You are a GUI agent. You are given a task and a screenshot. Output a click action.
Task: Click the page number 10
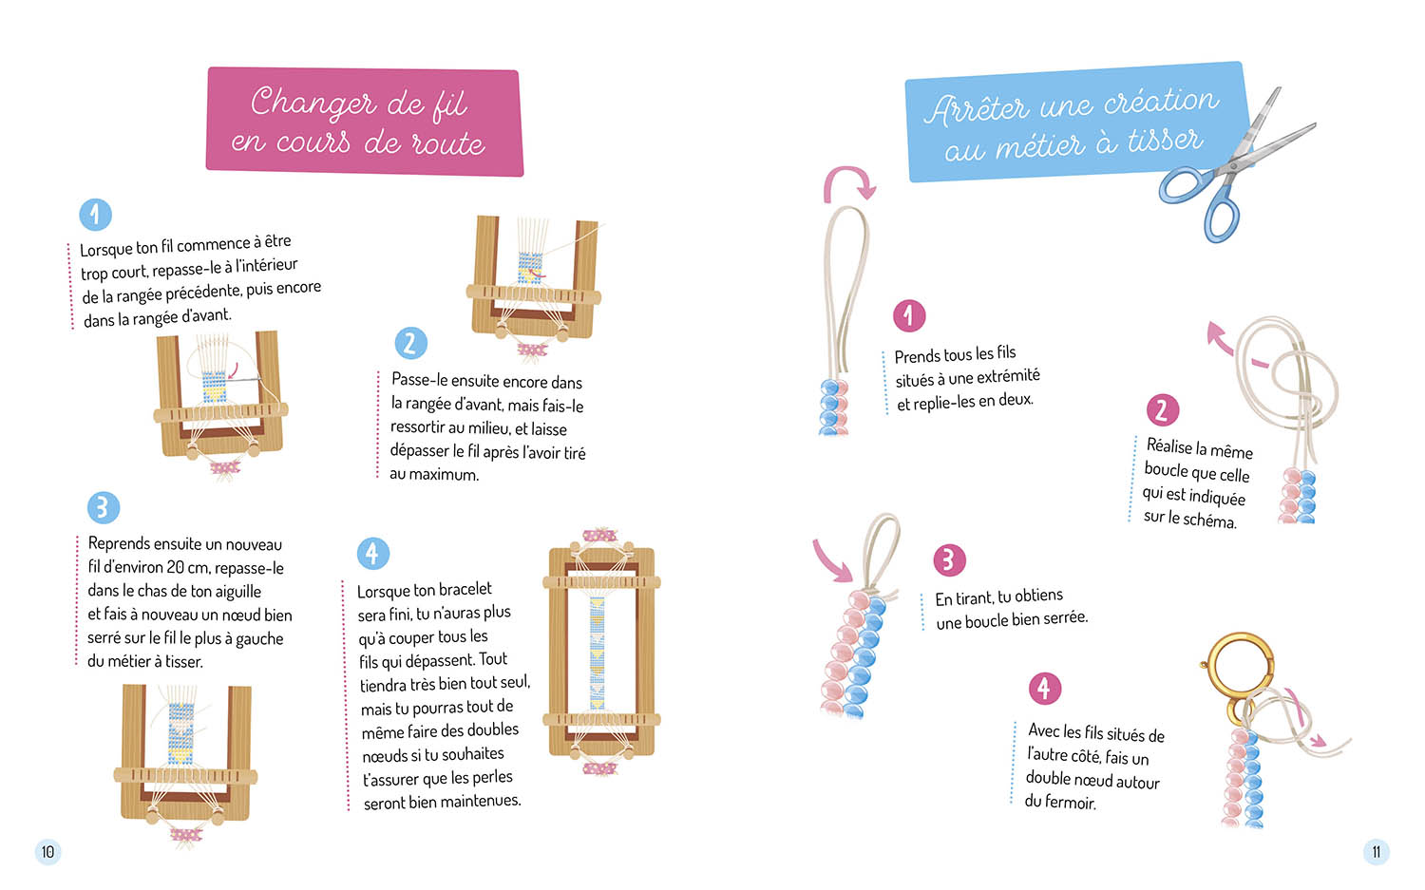(x=47, y=852)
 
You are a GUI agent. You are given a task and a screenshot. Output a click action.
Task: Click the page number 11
(x=1376, y=852)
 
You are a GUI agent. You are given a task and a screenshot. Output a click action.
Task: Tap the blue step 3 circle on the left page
(x=103, y=507)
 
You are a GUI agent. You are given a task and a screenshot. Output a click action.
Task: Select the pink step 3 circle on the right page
(x=949, y=559)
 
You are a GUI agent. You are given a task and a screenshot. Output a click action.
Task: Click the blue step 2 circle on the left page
(x=410, y=344)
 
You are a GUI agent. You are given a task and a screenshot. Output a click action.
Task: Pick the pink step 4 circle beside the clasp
(x=1045, y=688)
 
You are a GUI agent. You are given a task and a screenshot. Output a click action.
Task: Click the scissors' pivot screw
(x=1233, y=165)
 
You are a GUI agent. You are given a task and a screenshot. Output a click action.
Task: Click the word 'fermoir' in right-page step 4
(x=1072, y=803)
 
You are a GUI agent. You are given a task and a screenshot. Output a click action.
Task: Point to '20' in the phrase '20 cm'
(x=176, y=567)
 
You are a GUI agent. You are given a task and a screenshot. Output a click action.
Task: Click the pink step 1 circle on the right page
(x=909, y=315)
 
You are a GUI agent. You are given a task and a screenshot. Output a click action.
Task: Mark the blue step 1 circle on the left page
(x=95, y=215)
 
